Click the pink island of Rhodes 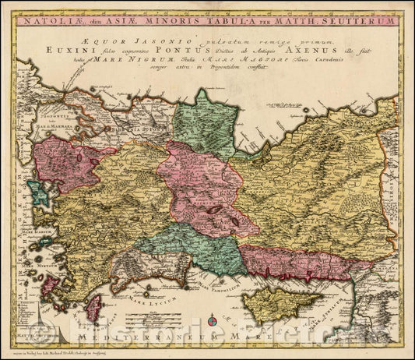tap(93, 307)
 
